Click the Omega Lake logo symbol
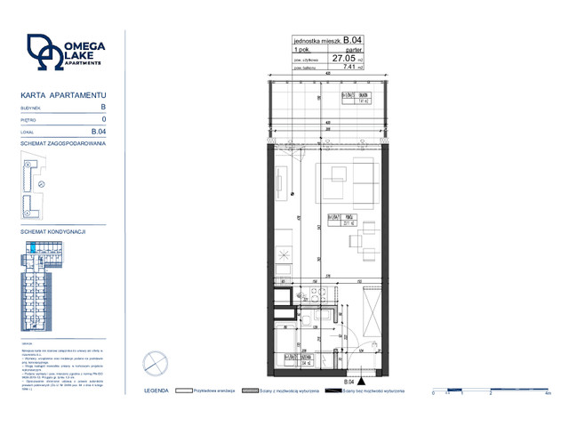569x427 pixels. coord(43,52)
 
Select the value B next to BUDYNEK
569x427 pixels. coord(103,107)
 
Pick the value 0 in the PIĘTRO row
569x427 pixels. coord(104,118)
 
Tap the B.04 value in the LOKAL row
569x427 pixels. coord(100,131)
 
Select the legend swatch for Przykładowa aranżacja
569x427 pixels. coord(185,391)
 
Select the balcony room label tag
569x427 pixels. coord(357,97)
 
